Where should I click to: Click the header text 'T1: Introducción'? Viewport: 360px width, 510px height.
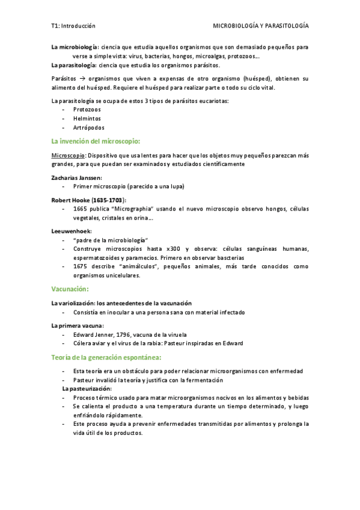point(74,26)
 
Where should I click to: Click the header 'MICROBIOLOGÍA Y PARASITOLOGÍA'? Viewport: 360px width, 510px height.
point(261,26)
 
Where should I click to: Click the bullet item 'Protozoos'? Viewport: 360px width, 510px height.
point(87,110)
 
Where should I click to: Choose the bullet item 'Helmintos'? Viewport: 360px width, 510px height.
point(87,118)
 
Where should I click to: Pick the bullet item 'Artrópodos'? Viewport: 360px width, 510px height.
point(89,127)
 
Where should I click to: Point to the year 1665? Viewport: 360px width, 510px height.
point(80,209)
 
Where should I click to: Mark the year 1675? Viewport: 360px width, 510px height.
point(80,266)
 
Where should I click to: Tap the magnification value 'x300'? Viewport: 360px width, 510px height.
point(174,249)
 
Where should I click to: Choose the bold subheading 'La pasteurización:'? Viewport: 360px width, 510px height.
point(87,389)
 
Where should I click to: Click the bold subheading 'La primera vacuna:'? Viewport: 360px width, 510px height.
point(78,325)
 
